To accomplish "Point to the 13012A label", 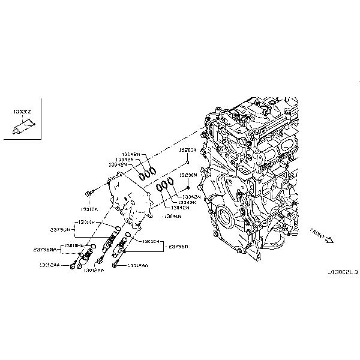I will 89,210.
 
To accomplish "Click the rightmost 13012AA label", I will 136,264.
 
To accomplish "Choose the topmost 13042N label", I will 130,154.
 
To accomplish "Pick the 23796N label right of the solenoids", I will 178,246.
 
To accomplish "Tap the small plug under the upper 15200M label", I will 188,162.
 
